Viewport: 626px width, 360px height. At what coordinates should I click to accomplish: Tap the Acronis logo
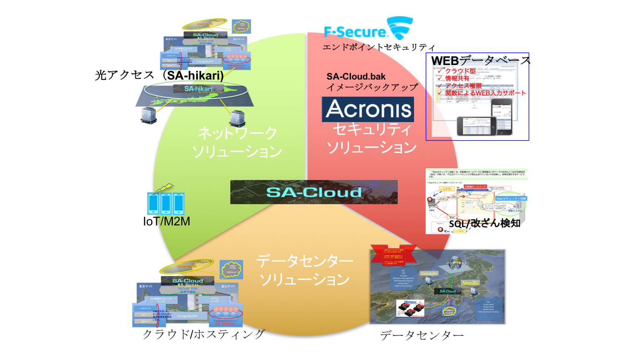tap(368, 110)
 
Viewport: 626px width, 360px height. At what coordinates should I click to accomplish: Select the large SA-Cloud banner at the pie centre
tap(314, 192)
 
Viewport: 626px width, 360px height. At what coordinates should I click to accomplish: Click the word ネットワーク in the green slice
tap(237, 133)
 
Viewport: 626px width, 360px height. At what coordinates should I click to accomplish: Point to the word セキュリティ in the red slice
tap(372, 130)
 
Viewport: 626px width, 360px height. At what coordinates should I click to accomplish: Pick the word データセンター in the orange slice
tap(304, 261)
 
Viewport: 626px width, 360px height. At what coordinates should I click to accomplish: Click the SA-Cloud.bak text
tap(356, 77)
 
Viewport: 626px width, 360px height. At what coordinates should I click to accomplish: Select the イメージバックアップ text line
tap(372, 87)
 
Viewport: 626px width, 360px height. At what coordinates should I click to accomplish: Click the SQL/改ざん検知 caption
tap(484, 224)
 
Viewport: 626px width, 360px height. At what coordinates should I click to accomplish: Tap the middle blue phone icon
tap(166, 203)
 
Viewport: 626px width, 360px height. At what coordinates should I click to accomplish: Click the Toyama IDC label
tap(429, 273)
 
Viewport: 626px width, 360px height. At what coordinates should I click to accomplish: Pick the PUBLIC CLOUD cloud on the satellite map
tap(449, 311)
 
